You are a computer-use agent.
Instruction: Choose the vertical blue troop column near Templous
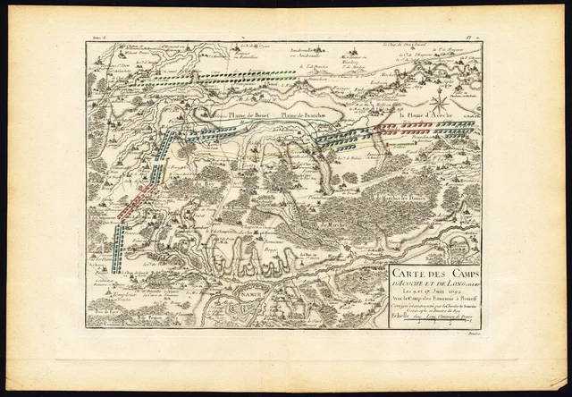click(x=120, y=239)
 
